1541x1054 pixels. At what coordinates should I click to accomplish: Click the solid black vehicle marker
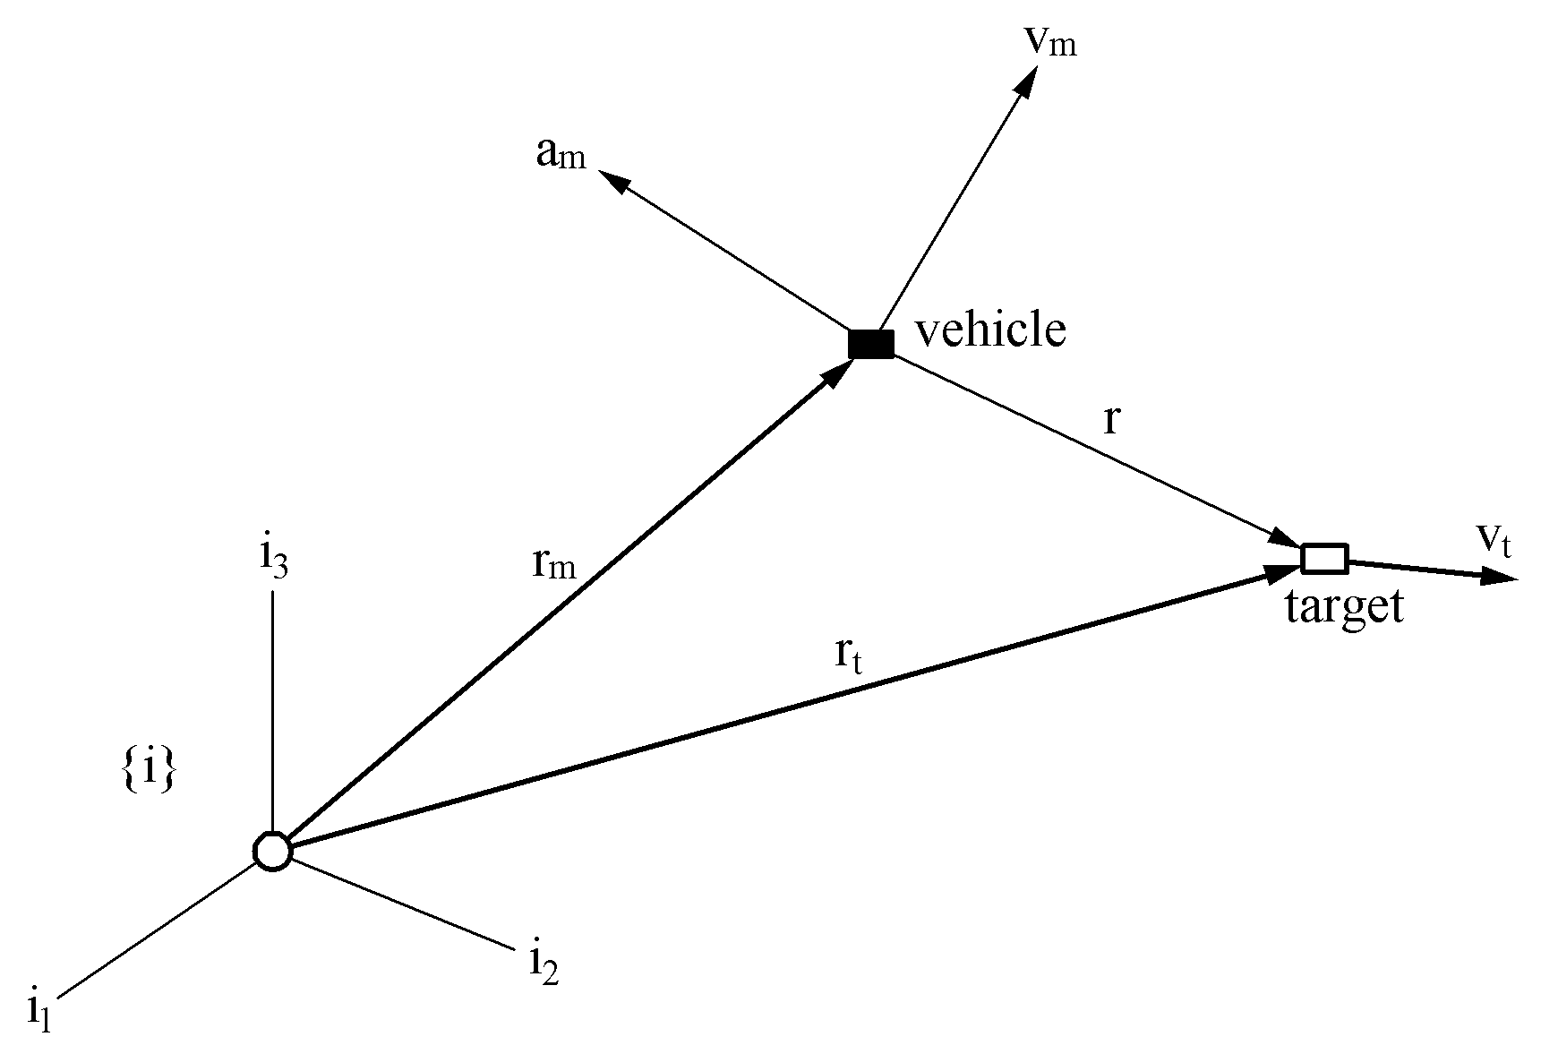click(x=871, y=344)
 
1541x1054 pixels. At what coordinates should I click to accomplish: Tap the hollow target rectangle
click(x=1324, y=558)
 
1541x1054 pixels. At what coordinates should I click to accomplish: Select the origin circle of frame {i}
click(x=272, y=851)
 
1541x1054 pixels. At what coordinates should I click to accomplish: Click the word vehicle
click(x=990, y=330)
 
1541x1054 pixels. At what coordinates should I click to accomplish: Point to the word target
click(x=1344, y=607)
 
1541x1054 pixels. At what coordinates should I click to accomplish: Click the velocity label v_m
click(x=1049, y=41)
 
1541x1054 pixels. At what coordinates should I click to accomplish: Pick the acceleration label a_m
click(x=561, y=155)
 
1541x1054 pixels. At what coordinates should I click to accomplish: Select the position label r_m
click(x=552, y=564)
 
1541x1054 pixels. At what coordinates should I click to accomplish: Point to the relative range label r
click(x=1112, y=417)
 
